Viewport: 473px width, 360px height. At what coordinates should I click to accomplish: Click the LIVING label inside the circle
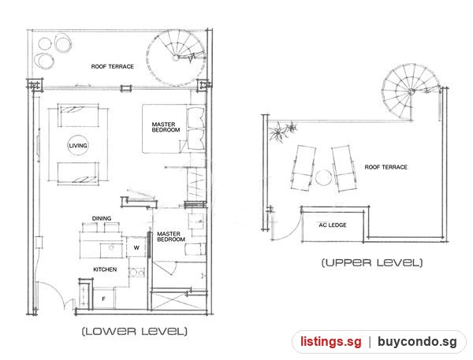coord(78,146)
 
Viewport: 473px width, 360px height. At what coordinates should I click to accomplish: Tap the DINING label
coord(102,218)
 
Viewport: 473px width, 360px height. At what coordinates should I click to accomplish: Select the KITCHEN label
coord(105,269)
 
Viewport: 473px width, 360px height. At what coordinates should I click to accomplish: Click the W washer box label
coord(136,247)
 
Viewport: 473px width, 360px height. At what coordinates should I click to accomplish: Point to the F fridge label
coord(103,299)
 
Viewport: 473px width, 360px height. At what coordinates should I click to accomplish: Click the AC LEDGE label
coord(333,225)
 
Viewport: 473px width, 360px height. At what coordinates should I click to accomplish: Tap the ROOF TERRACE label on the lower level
coord(112,66)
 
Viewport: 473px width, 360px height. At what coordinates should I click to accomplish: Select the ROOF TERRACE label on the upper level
coord(385,167)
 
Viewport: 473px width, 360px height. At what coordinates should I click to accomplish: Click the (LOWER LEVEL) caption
coord(135,332)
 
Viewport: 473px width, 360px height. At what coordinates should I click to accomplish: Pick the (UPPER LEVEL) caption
coord(372,262)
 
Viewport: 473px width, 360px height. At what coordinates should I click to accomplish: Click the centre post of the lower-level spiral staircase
coord(176,58)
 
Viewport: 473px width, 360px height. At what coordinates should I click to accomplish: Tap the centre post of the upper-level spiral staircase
coord(411,92)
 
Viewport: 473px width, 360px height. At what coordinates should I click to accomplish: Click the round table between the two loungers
coord(323,177)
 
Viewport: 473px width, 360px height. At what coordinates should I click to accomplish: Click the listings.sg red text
coord(330,342)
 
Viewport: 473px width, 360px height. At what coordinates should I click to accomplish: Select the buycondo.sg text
coord(417,342)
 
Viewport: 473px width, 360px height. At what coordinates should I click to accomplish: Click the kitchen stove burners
coord(136,273)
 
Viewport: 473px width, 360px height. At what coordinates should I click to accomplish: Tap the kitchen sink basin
coord(111,250)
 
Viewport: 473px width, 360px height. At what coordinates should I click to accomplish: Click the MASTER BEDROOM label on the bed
coord(166,127)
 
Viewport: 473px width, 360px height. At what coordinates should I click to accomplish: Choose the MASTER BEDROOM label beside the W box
coord(171,236)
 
